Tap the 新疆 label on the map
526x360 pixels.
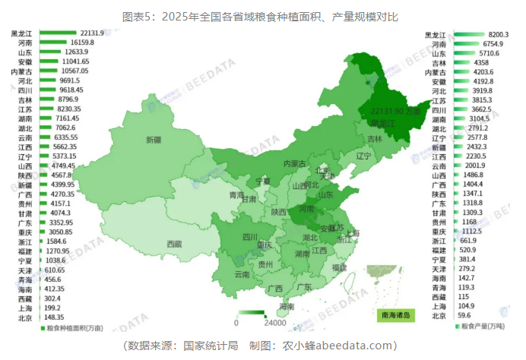[154, 140]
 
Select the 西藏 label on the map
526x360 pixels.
[174, 245]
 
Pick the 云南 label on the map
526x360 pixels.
[242, 273]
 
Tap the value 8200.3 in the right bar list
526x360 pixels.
[498, 35]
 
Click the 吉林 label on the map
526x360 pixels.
[375, 139]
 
